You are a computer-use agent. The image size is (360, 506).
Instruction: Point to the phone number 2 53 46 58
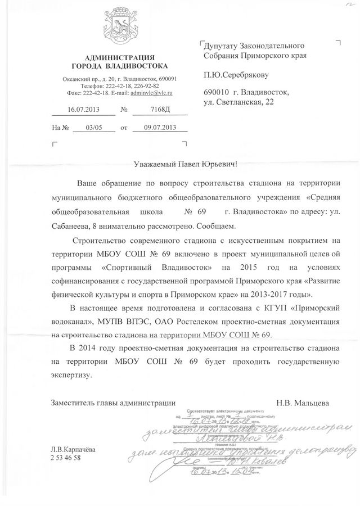(x=66, y=458)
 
